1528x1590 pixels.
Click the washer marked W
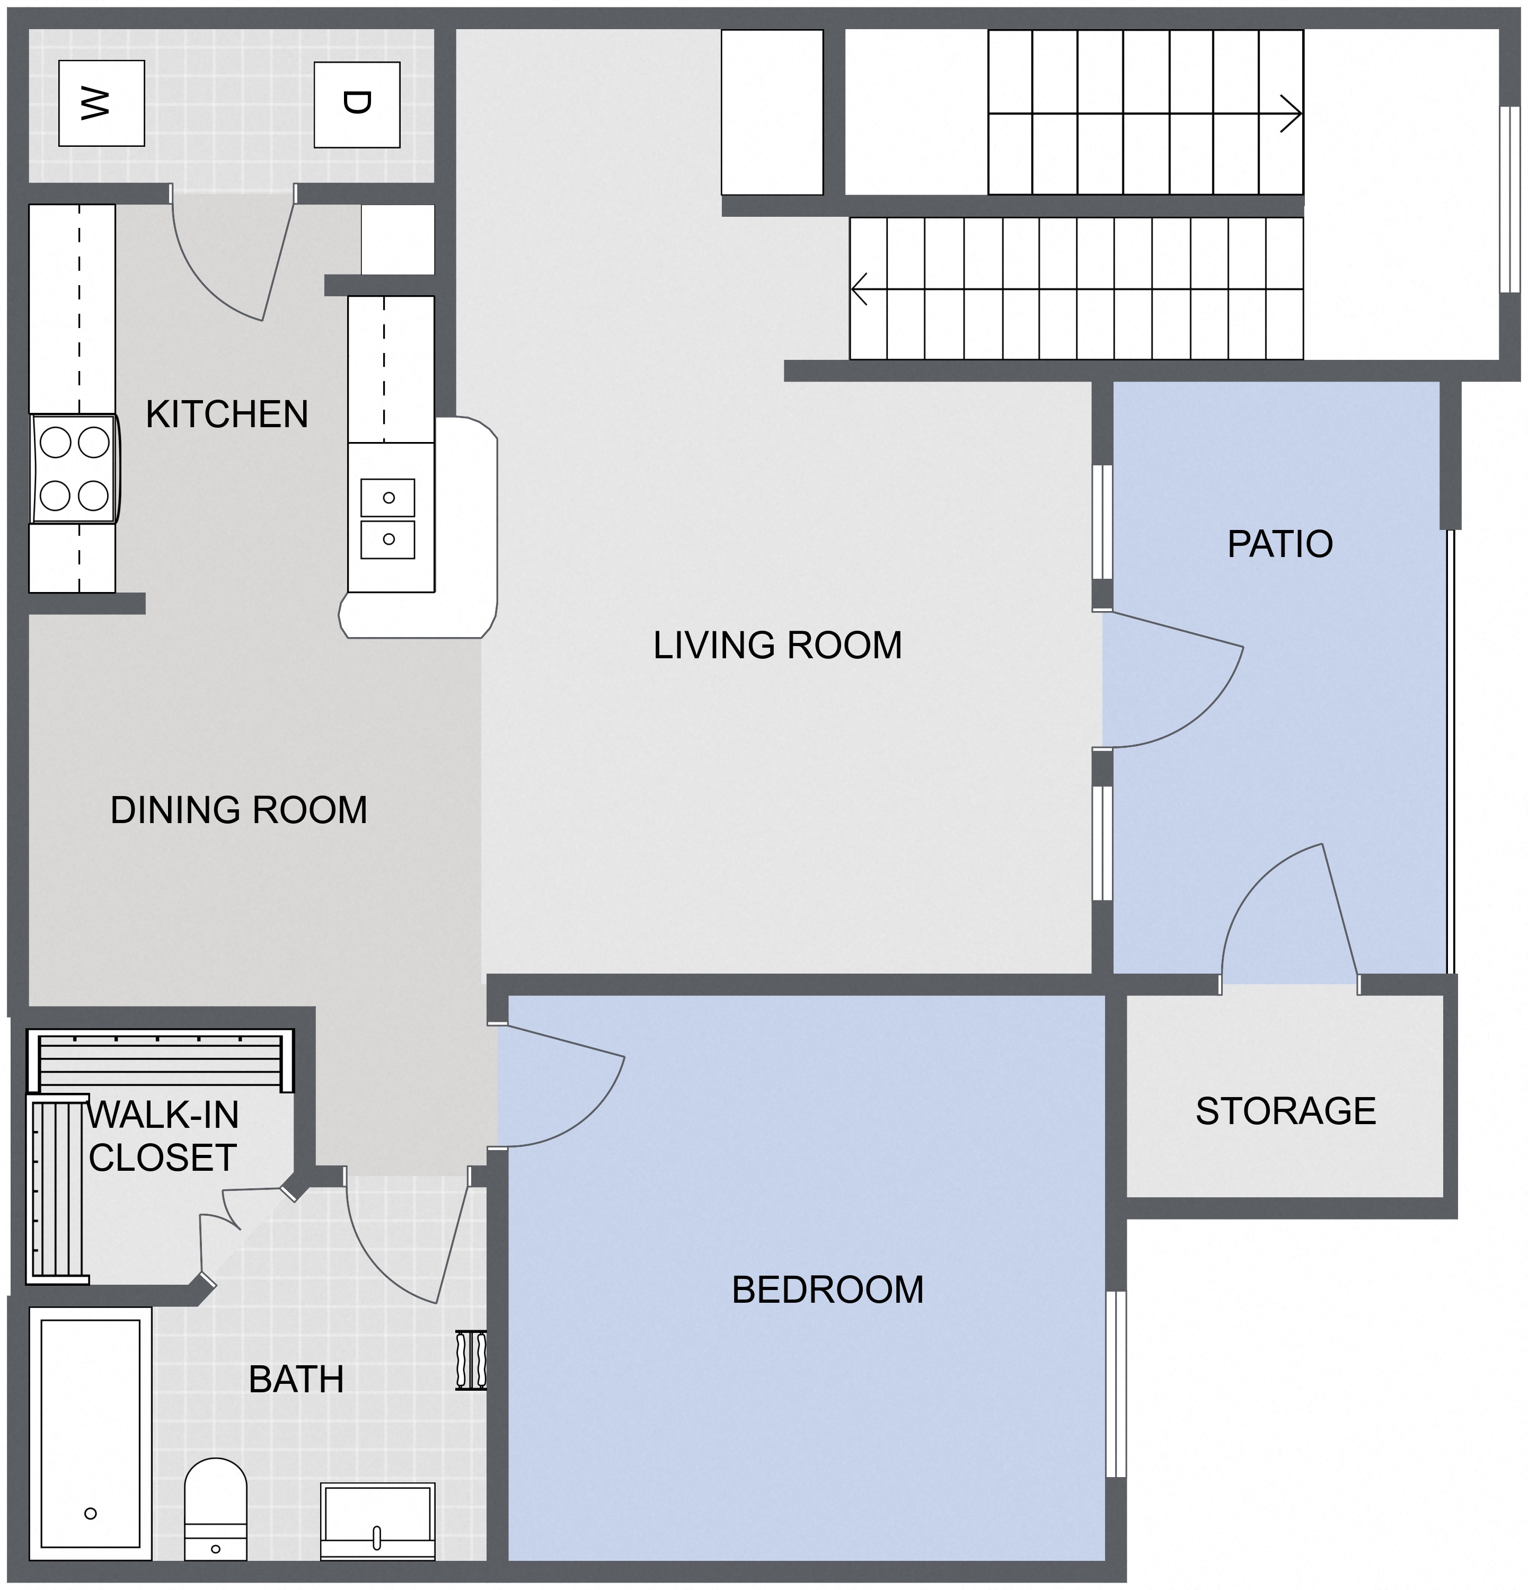(x=101, y=103)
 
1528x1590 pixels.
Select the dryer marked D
(x=357, y=104)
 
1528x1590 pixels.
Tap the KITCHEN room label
(x=227, y=414)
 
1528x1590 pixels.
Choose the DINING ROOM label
(x=239, y=810)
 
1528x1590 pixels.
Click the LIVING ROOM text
(x=778, y=646)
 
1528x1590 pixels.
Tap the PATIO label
(x=1280, y=544)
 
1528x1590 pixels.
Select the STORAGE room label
(x=1285, y=1110)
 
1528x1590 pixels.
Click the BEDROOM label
(x=827, y=1290)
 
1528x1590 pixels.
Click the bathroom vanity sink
(x=377, y=1521)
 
